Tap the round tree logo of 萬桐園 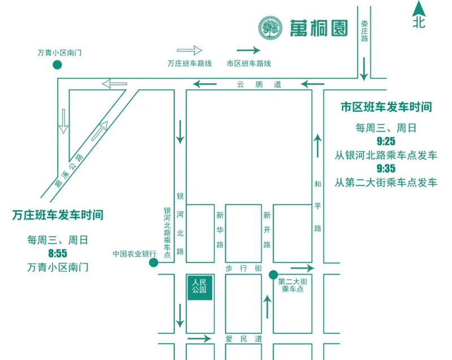[270, 28]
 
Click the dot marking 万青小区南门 [58, 65]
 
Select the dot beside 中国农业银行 [153, 263]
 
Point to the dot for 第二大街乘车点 [273, 275]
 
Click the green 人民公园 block [200, 287]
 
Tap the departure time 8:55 [58, 254]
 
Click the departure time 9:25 [386, 141]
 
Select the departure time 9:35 [386, 168]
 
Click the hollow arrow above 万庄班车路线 [189, 50]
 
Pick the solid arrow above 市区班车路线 [248, 50]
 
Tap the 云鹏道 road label [259, 84]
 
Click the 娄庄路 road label [364, 31]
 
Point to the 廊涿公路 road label [69, 171]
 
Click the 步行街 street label [244, 268]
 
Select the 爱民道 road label [244, 339]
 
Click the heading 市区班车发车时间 [386, 107]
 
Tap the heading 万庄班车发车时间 [58, 215]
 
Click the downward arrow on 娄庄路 [364, 69]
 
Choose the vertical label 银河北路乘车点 [167, 232]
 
